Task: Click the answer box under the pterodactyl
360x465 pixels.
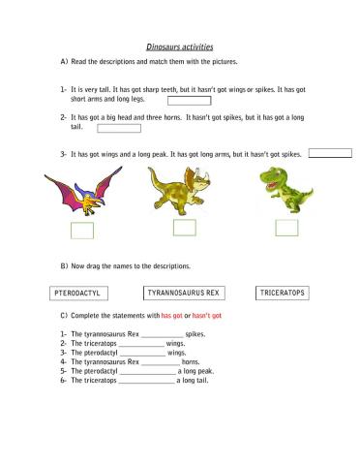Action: [81, 230]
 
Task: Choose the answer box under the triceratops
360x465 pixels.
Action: [184, 228]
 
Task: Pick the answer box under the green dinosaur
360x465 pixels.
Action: [286, 228]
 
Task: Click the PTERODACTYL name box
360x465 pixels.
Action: [78, 293]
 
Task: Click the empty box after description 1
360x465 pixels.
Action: [189, 99]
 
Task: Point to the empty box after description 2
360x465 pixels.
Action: [119, 127]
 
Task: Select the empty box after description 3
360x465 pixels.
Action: [329, 152]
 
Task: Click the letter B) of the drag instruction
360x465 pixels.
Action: [64, 265]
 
